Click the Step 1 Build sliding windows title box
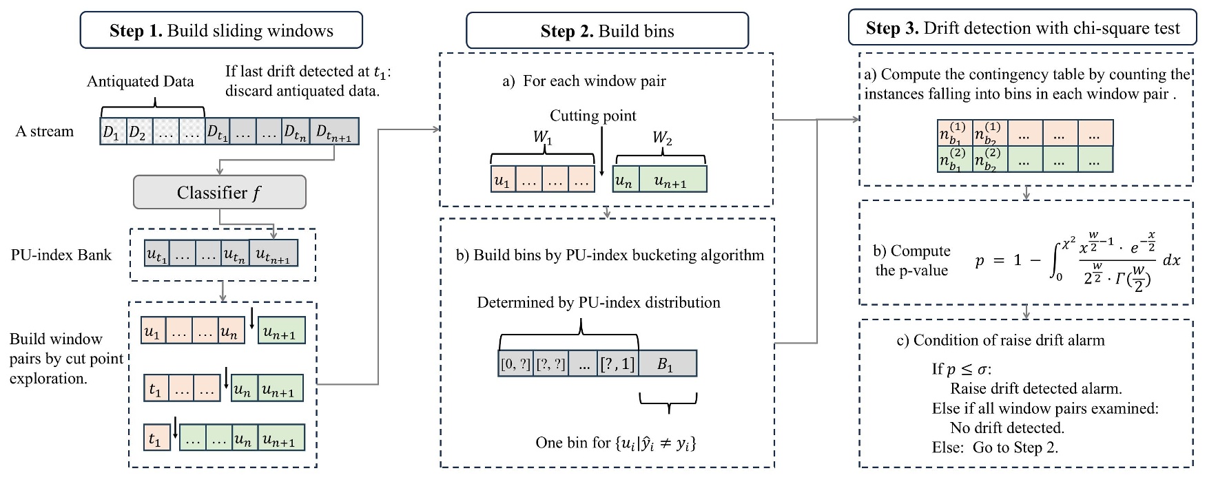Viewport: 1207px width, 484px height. (x=221, y=30)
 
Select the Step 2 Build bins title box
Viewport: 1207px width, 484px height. (x=607, y=31)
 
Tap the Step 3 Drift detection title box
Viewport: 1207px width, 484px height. (x=1022, y=28)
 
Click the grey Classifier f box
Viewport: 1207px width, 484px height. (x=219, y=192)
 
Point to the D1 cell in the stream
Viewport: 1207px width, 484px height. (x=112, y=131)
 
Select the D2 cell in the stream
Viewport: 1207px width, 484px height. (x=138, y=131)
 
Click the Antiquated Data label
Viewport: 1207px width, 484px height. (x=140, y=81)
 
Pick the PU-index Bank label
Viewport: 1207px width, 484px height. (x=61, y=255)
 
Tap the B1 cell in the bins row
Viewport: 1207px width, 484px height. (x=666, y=364)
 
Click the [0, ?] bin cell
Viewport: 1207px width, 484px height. (x=515, y=364)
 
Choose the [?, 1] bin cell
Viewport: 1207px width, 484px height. (x=617, y=364)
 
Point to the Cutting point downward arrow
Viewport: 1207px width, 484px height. (x=601, y=151)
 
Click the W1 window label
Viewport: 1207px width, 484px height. (x=542, y=138)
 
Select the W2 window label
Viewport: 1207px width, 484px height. (x=661, y=138)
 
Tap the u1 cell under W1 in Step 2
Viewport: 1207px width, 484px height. (x=502, y=180)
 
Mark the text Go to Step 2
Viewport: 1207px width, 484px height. (x=1015, y=448)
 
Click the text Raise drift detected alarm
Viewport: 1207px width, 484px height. (x=1035, y=388)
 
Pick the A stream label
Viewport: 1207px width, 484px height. (x=44, y=131)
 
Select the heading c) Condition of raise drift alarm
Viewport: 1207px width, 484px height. (x=1000, y=340)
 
